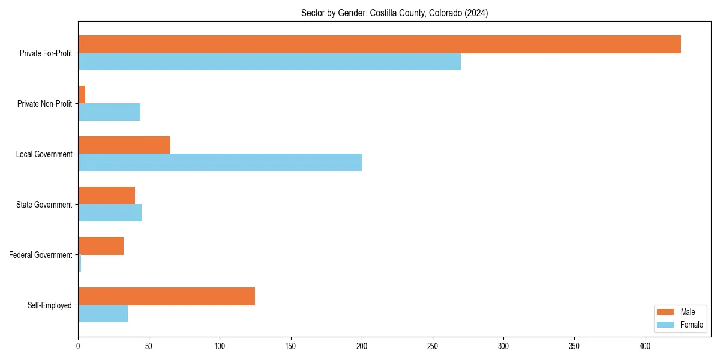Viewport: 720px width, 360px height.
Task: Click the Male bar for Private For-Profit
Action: (x=379, y=44)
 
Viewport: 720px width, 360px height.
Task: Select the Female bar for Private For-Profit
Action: (x=269, y=62)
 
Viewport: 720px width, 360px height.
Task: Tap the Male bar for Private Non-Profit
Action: (x=82, y=95)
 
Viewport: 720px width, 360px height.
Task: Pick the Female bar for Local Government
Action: (x=220, y=163)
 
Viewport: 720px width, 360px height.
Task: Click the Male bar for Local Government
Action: (x=124, y=145)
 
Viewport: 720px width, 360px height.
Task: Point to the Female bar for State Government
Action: (x=110, y=213)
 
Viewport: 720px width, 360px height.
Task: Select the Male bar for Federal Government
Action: (x=101, y=246)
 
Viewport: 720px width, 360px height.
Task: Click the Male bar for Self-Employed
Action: (x=166, y=296)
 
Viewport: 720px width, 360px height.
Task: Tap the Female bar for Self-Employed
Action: (x=103, y=314)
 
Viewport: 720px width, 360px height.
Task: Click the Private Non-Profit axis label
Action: (x=44, y=104)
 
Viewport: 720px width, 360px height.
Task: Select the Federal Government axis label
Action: (x=41, y=255)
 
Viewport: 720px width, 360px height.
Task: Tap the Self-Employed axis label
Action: (x=50, y=305)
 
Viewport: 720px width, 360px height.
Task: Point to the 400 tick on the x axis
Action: (x=645, y=346)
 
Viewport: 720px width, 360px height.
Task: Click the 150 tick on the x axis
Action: (x=290, y=346)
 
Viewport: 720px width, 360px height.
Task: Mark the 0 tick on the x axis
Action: (x=78, y=346)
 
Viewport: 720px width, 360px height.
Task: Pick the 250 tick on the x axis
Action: (x=433, y=346)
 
